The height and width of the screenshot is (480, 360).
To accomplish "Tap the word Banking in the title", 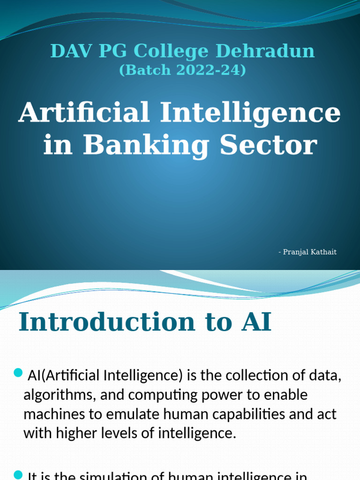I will (x=146, y=145).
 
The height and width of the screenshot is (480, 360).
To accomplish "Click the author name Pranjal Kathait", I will (x=310, y=252).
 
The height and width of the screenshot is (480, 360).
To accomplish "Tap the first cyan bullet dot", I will (x=18, y=373).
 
